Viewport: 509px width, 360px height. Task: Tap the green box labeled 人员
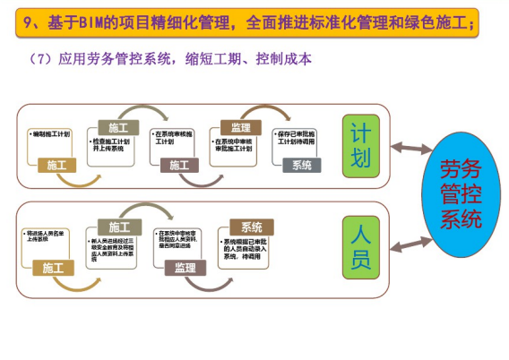point(358,247)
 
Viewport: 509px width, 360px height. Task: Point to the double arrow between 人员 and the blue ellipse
point(403,239)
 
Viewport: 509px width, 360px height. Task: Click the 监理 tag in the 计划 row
point(241,127)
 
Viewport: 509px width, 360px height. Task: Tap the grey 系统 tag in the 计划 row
point(301,166)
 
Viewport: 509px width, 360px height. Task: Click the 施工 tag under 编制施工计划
point(56,166)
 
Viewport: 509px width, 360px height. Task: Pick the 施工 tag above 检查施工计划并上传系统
point(118,127)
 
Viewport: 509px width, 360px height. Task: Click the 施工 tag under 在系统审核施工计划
point(179,166)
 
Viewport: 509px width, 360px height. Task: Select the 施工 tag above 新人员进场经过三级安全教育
point(118,227)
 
